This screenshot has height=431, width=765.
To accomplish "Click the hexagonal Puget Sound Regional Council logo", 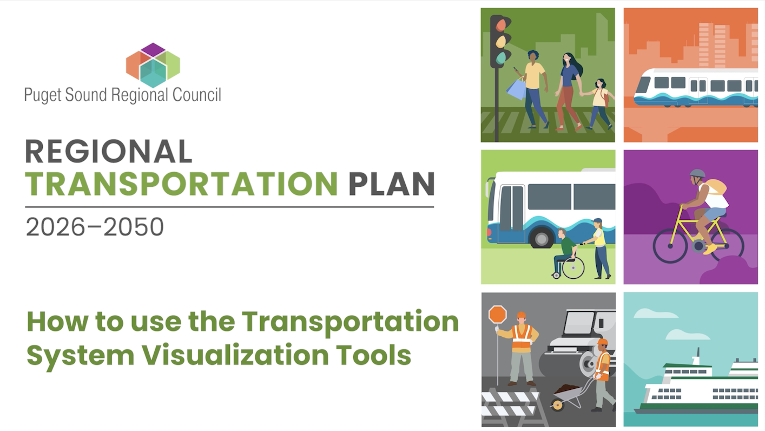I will [x=153, y=65].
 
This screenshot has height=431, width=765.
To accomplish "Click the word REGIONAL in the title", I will [x=108, y=152].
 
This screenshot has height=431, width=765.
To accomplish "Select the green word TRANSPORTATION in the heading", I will [x=181, y=184].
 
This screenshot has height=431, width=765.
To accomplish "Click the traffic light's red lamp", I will [x=501, y=25].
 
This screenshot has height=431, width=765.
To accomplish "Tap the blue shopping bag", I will [x=517, y=88].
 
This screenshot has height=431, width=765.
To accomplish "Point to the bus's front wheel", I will [x=541, y=237].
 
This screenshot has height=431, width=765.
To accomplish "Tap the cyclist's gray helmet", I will [x=697, y=174].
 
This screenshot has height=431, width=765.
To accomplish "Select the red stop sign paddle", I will [x=497, y=315].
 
